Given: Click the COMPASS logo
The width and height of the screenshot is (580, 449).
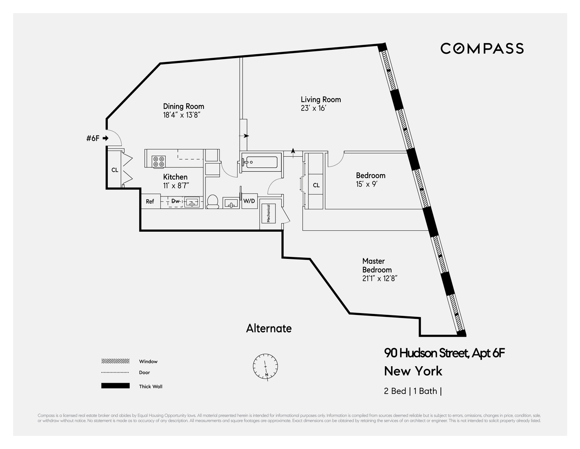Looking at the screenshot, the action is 481,48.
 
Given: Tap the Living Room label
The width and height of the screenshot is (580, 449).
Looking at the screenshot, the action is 320,100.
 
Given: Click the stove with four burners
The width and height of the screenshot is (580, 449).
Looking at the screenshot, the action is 159,162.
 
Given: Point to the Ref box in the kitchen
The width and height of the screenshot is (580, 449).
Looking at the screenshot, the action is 150,201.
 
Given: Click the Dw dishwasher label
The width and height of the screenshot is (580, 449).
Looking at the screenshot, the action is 175,201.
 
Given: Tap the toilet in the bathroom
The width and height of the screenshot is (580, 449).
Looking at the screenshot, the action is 213,201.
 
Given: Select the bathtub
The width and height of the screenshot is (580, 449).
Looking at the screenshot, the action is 260,162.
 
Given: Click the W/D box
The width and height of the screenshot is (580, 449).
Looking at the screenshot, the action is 249,201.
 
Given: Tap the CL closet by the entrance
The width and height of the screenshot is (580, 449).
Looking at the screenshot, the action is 115,170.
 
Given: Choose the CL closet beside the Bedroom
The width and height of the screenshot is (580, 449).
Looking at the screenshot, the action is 316,185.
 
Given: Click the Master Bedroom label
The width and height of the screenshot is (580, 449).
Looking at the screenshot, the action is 377,266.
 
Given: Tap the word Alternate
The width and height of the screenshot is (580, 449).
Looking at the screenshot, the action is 269,329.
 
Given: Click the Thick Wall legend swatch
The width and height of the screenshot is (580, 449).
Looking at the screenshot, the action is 115,386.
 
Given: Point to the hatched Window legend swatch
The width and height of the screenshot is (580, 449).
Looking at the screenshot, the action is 115,361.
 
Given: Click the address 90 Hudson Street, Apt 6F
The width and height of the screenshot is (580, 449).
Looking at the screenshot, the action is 444,353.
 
